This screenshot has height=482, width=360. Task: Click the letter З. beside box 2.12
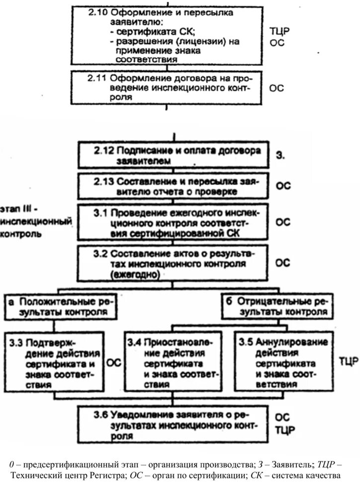tap(280, 156)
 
